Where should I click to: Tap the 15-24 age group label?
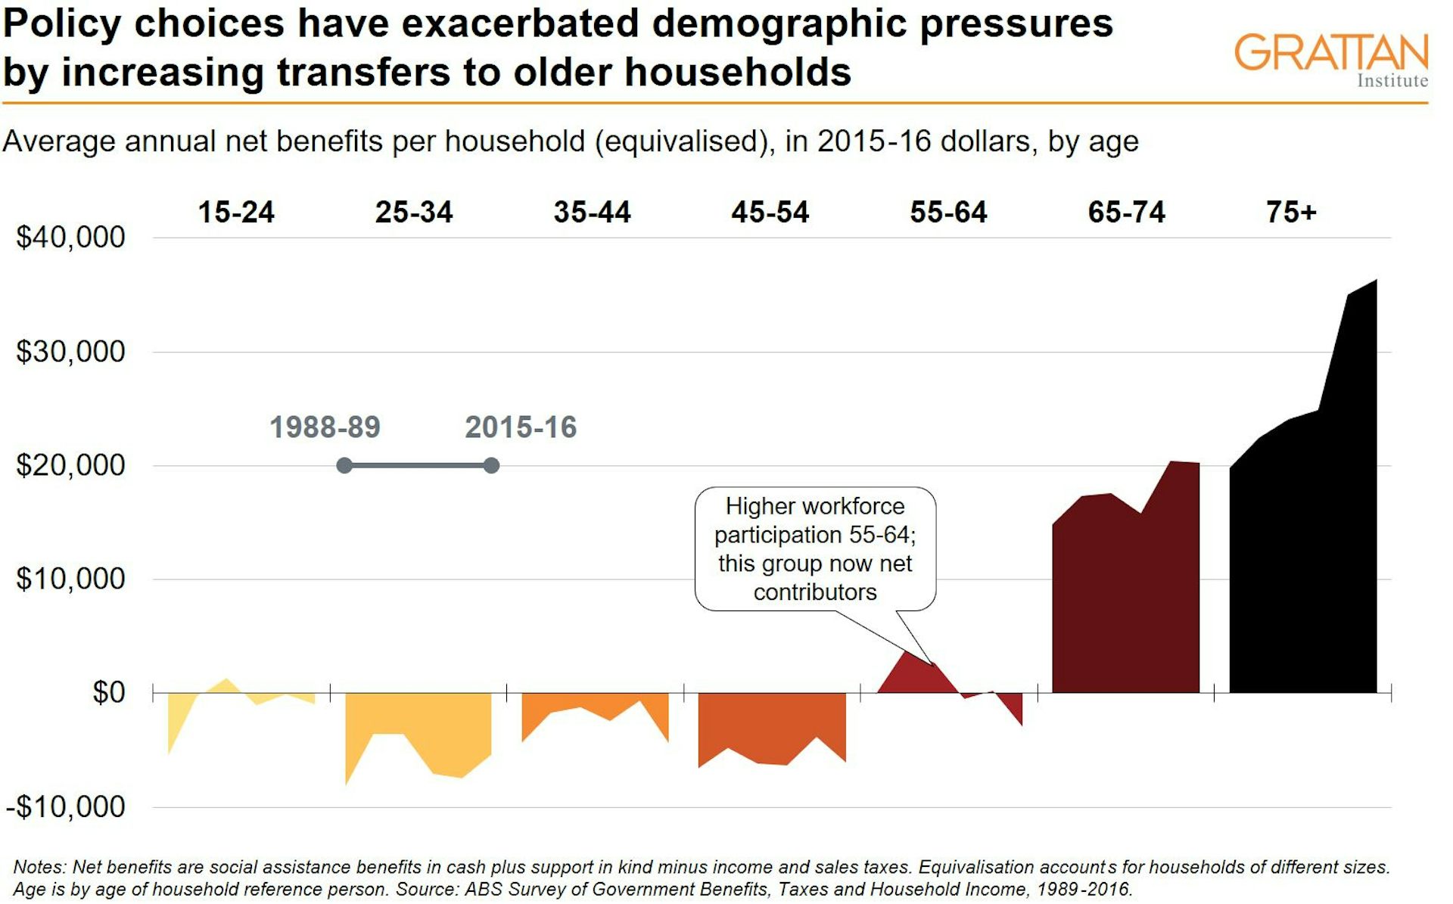coord(236,213)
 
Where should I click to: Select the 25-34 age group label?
coord(414,213)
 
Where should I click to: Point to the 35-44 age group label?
coord(592,213)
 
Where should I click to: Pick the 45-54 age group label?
coord(770,213)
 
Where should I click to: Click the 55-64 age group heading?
coord(948,213)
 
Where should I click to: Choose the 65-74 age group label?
coord(1126,213)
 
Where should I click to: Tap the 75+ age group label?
coord(1291,213)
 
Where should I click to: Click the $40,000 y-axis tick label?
coord(70,238)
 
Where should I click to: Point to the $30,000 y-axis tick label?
coord(70,352)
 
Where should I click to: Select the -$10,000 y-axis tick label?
coord(66,807)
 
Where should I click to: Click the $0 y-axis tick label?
coord(108,692)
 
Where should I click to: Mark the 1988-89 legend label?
coord(325,427)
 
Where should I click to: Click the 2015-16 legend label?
coord(521,427)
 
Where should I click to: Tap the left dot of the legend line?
coord(344,465)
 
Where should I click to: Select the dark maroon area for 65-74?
coord(1125,605)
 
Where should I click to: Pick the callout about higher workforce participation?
coord(815,548)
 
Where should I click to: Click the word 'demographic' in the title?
coord(779,23)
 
